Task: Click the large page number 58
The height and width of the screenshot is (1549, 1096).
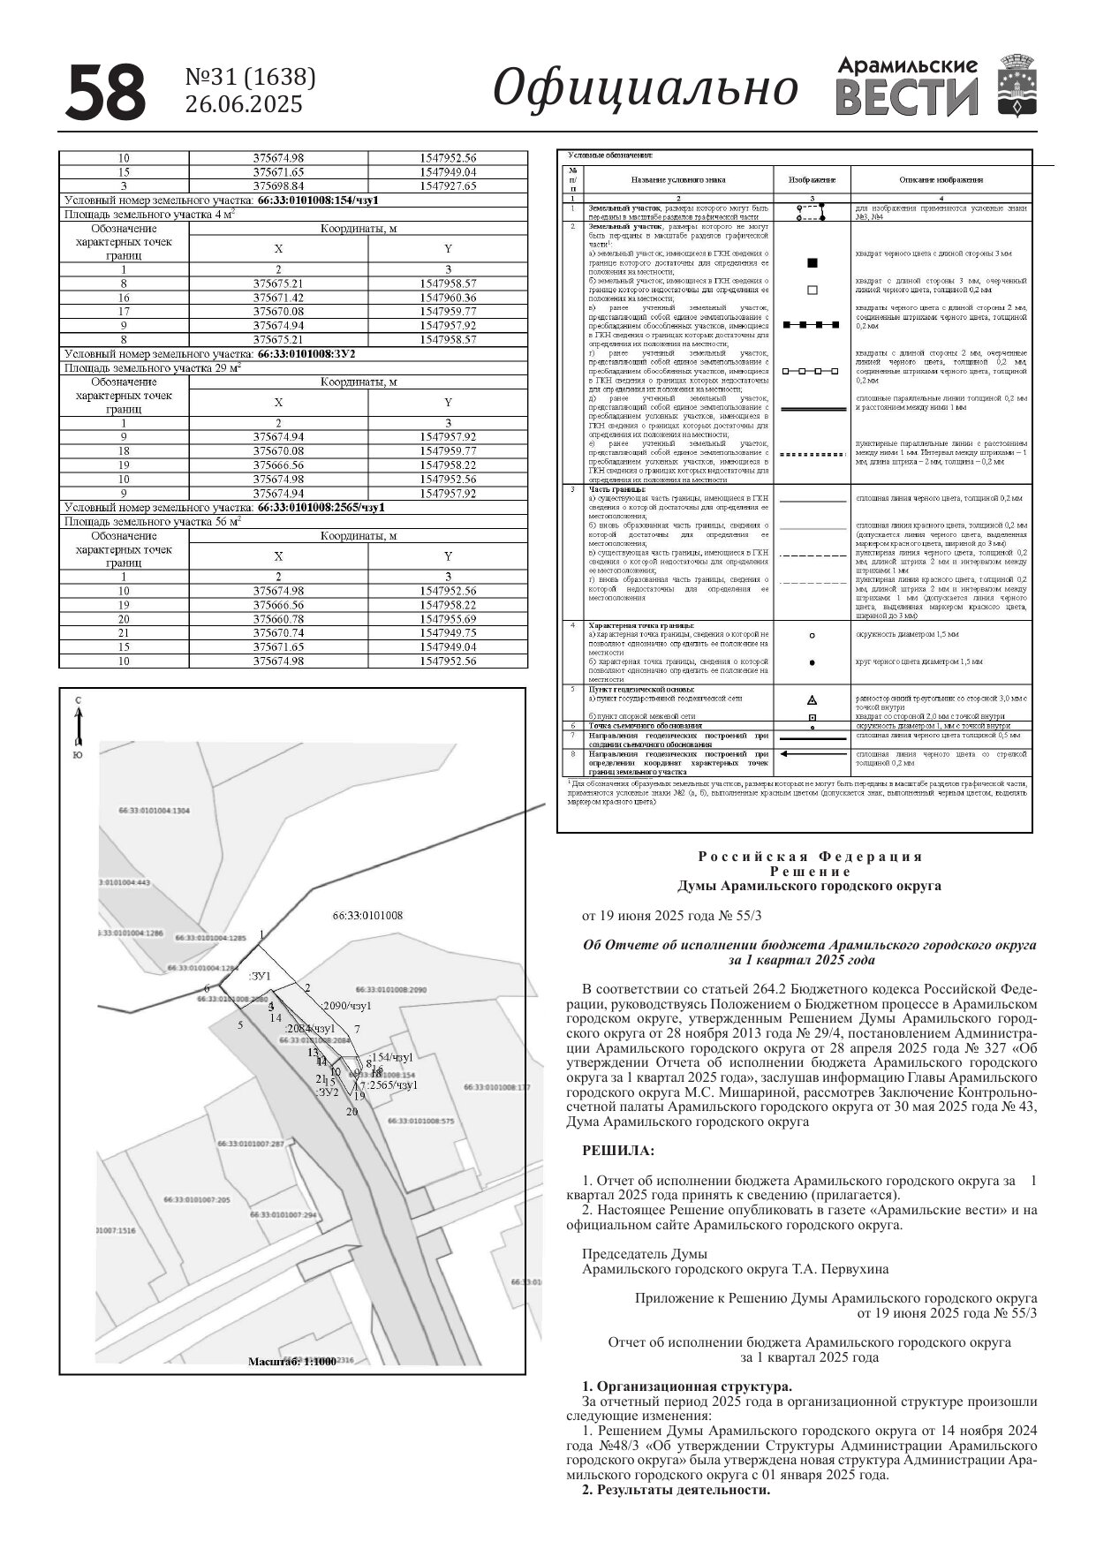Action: pos(105,92)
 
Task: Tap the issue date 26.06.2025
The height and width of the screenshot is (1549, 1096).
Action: pos(243,104)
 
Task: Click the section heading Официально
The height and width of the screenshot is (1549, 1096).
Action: pos(645,88)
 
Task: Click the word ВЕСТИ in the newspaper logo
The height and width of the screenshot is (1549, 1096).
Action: pos(906,97)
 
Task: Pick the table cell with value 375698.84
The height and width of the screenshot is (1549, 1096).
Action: pos(278,186)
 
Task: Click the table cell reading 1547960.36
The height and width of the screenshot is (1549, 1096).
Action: pos(448,298)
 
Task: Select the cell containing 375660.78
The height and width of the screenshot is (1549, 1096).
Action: pos(278,619)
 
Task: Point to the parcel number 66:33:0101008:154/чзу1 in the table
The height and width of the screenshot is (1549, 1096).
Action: pos(319,200)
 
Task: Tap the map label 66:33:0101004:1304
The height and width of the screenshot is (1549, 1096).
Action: pos(154,810)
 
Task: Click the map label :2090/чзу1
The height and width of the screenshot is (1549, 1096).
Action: pos(347,1006)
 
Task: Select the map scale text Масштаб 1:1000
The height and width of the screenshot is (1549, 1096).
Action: pos(292,1362)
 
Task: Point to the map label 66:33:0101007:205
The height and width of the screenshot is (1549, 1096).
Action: pos(196,1200)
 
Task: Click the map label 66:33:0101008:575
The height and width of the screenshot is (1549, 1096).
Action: pos(420,1121)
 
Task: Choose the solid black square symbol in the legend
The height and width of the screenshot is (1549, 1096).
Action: pos(813,262)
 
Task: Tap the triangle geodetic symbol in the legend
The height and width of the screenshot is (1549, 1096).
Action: pos(813,699)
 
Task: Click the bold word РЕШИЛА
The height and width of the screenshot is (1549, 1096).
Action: pos(618,1151)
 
